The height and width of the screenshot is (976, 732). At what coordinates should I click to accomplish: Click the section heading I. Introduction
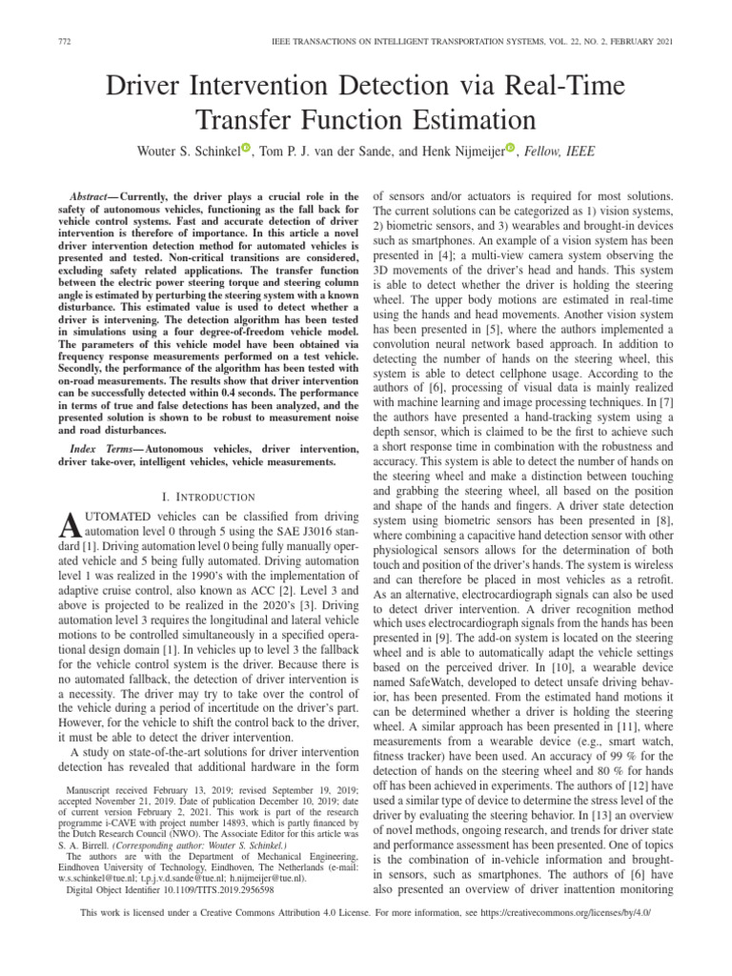tap(209, 497)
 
